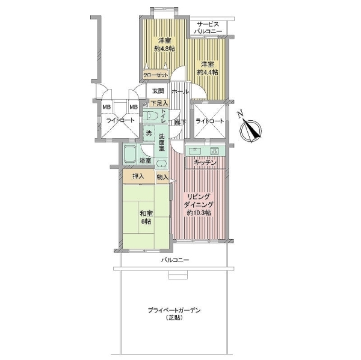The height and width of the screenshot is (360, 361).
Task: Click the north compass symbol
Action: pyautogui.click(x=250, y=129)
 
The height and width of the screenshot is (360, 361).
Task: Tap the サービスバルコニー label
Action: pyautogui.click(x=208, y=28)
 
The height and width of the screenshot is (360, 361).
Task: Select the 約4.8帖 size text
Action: pyautogui.click(x=164, y=49)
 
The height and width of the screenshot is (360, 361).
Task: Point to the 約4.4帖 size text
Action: pyautogui.click(x=208, y=73)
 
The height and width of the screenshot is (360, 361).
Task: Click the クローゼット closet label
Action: pyautogui.click(x=156, y=75)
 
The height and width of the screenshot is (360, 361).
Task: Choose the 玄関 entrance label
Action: pyautogui.click(x=158, y=91)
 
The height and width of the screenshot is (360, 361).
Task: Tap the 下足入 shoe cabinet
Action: pyautogui.click(x=159, y=103)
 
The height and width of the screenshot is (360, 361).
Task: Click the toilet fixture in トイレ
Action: pyautogui.click(x=151, y=115)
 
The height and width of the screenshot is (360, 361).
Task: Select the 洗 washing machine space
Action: pyautogui.click(x=149, y=133)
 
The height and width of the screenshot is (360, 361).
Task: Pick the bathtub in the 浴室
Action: pyautogui.click(x=130, y=154)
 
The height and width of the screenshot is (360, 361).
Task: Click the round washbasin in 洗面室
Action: pyautogui.click(x=161, y=163)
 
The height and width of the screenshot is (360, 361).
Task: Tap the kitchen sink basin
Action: pyautogui.click(x=195, y=151)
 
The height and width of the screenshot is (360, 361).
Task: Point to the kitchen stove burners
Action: pyautogui.click(x=215, y=151)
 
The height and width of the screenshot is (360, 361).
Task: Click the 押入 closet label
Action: pyautogui.click(x=138, y=177)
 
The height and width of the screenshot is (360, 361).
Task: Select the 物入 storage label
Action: pyautogui.click(x=162, y=177)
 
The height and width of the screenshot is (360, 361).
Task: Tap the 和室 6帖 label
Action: pyautogui.click(x=146, y=218)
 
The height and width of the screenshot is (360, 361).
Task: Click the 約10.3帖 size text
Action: pyautogui.click(x=199, y=213)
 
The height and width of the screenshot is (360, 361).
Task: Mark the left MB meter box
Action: pyautogui.click(x=106, y=107)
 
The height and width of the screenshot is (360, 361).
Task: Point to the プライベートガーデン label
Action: pyautogui.click(x=174, y=310)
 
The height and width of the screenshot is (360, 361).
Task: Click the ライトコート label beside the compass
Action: pyautogui.click(x=210, y=121)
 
